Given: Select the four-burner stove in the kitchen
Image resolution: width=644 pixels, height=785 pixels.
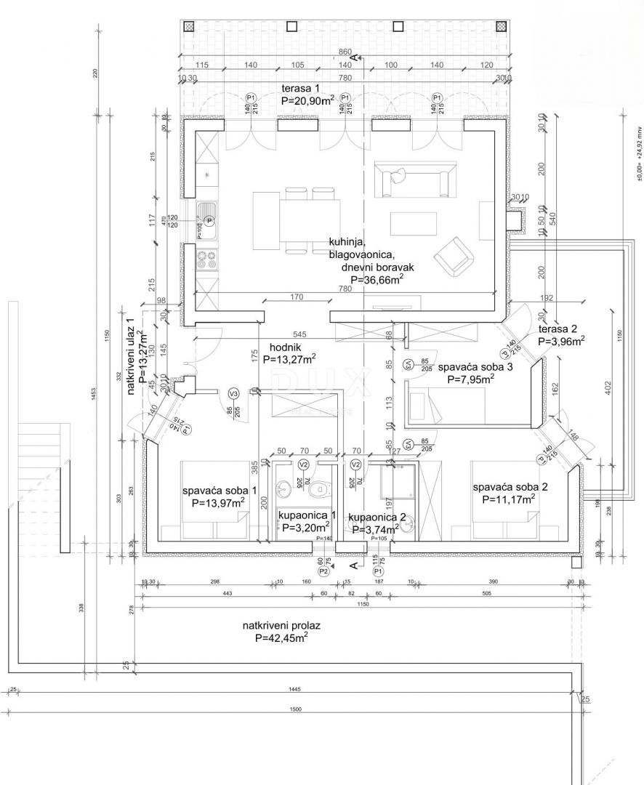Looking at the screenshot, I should pyautogui.click(x=208, y=258).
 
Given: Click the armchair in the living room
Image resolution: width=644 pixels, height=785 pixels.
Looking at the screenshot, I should pyautogui.click(x=455, y=254).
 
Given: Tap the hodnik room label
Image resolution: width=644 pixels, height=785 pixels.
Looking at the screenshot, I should pyautogui.click(x=281, y=347).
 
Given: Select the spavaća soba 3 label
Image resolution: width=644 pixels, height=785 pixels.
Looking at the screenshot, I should pyautogui.click(x=475, y=367).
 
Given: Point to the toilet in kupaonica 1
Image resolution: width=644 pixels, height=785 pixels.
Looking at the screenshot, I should pyautogui.click(x=318, y=491).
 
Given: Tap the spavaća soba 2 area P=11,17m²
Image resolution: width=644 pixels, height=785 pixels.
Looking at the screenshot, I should pyautogui.click(x=509, y=499).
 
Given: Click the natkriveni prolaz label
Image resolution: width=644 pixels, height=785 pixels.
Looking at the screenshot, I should pyautogui.click(x=281, y=624).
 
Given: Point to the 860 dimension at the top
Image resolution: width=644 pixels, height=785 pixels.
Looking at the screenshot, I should pyautogui.click(x=345, y=52).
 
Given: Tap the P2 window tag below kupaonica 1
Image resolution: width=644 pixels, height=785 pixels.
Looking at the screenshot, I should pyautogui.click(x=324, y=572).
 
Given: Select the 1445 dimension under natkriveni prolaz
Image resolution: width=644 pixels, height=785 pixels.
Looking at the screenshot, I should pyautogui.click(x=294, y=688).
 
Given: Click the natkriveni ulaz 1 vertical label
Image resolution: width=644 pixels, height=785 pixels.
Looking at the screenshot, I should pyautogui.click(x=132, y=356).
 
